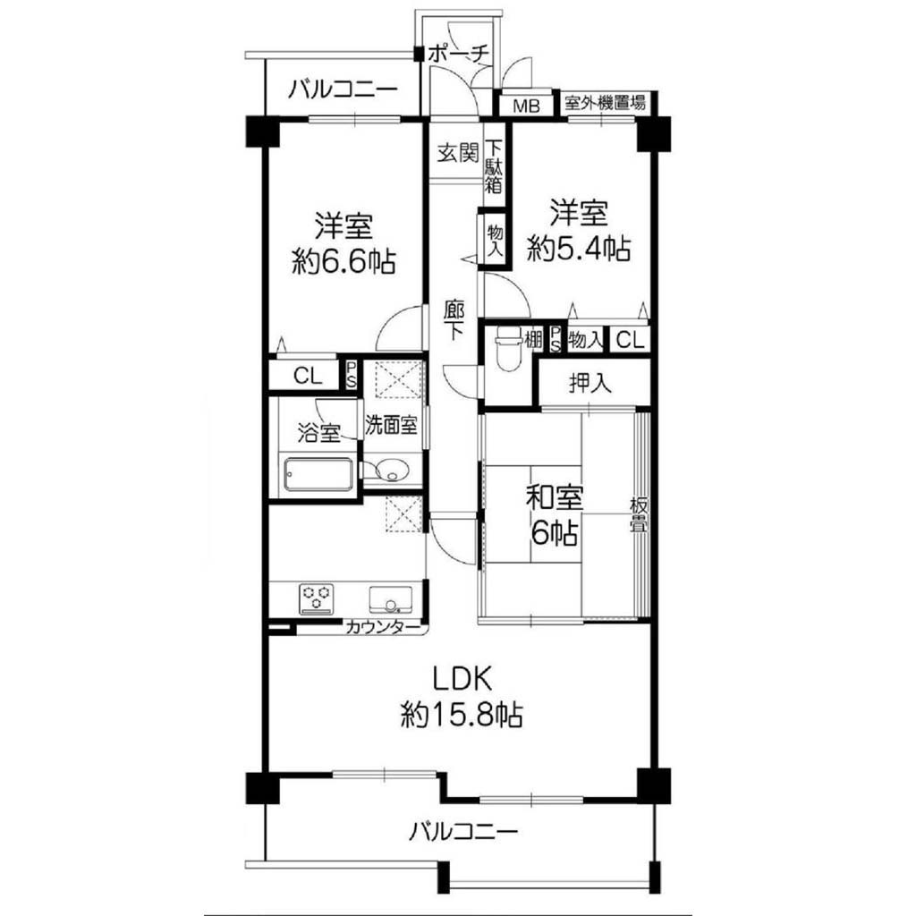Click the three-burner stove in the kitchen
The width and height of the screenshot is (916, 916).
317,598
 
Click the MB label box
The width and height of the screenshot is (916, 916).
526,106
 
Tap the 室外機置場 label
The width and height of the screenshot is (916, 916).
605,104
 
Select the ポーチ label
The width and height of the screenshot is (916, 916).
458,54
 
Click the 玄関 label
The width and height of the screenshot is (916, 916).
458,153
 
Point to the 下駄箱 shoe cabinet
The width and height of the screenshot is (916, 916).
494,165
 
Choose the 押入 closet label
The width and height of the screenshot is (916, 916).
590,383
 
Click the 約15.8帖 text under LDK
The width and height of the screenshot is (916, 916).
461,715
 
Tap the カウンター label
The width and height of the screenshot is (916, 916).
383,628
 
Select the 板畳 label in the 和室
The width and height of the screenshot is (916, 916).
638,514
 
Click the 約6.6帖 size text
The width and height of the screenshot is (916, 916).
343,261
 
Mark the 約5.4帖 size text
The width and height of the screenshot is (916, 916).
579,249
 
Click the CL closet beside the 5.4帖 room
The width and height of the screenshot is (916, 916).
630,339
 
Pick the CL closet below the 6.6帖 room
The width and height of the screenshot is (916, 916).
308,376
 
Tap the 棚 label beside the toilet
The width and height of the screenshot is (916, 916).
533,339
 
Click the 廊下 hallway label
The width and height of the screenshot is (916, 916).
453,321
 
